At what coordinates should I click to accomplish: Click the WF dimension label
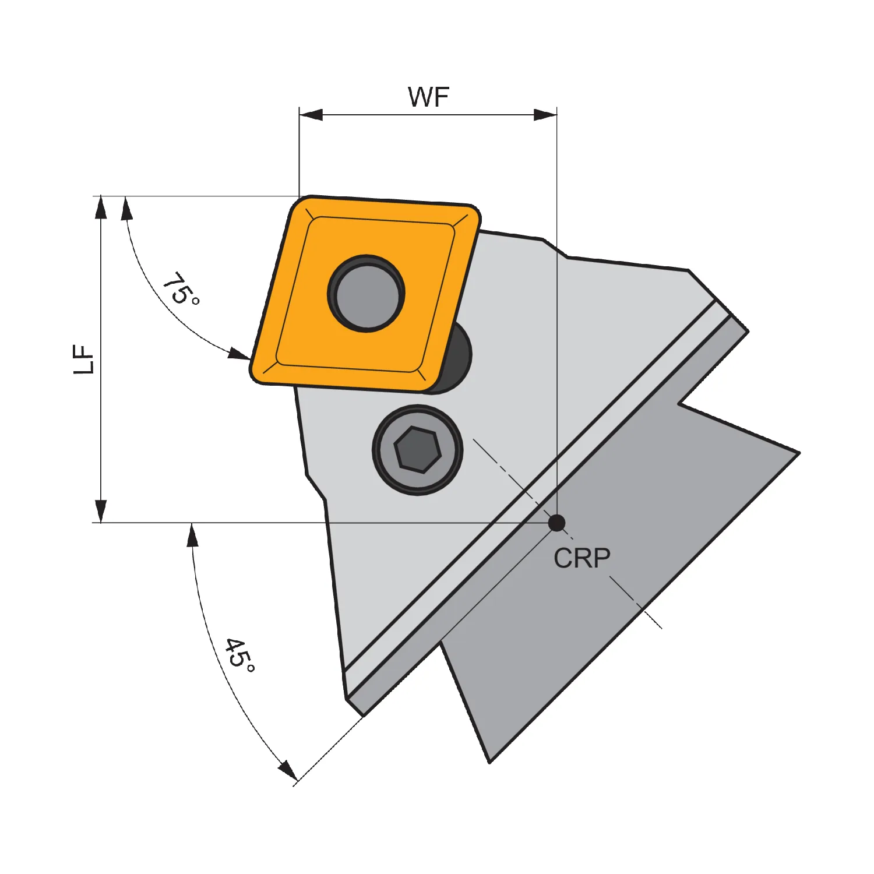[428, 97]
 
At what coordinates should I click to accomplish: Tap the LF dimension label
[84, 360]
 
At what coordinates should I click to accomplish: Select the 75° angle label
[181, 288]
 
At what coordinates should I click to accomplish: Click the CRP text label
[582, 558]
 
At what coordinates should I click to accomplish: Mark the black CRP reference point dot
[557, 523]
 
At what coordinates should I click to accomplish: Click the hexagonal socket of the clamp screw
[418, 449]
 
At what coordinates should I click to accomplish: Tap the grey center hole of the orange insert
[366, 293]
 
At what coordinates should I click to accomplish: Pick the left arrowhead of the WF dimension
[311, 114]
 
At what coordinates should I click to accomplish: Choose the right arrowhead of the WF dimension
[545, 114]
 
